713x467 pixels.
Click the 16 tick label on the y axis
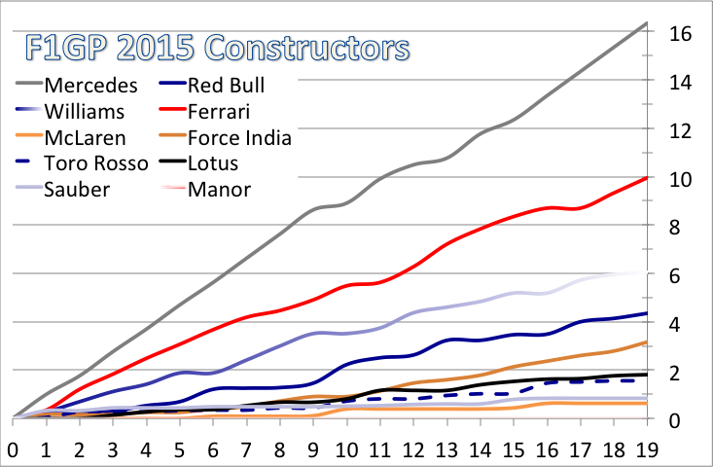click(x=679, y=34)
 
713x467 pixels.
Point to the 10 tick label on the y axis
click(x=679, y=179)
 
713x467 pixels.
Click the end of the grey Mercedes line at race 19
click(x=647, y=22)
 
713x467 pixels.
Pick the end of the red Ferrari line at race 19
click(x=647, y=178)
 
